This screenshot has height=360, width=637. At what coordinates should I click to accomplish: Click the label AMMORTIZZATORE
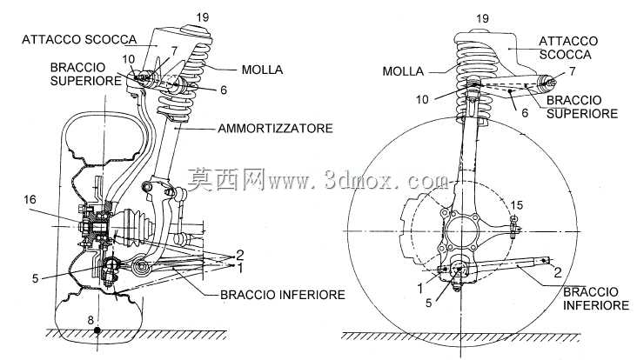coord(276,128)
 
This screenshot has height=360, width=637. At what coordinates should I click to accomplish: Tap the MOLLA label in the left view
coord(263,70)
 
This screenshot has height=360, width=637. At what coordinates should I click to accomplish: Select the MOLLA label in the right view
coord(403,71)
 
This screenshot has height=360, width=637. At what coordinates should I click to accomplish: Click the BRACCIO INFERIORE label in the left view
coord(283,294)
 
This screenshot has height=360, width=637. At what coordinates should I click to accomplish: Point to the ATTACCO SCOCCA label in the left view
coord(79,39)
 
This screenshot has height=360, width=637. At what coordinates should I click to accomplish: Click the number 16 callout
coord(30,199)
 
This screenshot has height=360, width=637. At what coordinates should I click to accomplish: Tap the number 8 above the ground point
coord(91,320)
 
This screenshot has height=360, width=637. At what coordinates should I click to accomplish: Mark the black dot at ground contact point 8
coord(97,330)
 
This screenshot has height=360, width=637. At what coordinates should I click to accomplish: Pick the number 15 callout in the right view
coord(517,205)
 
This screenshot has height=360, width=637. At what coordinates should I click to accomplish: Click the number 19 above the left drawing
coord(202,17)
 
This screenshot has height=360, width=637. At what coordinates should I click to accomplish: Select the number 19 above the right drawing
coord(482,18)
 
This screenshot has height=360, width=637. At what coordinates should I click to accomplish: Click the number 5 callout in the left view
coord(36,278)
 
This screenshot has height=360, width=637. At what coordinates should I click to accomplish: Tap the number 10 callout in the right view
coord(423,99)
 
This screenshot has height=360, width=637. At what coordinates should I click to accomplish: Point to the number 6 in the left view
coord(224,90)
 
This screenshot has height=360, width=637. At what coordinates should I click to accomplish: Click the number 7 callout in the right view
coord(573,71)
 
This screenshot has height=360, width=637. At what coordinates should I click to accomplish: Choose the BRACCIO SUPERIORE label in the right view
coord(582,107)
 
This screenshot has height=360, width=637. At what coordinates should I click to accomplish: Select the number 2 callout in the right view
coord(558,272)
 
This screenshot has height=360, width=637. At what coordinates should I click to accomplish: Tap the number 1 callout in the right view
coord(420,289)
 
